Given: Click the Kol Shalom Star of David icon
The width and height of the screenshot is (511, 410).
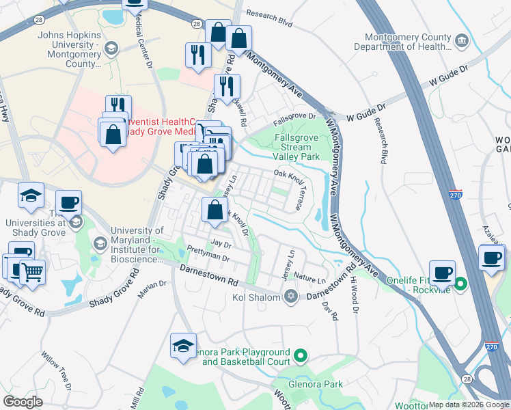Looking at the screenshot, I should (x=291, y=297).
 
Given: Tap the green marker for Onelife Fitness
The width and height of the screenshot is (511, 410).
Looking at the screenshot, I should (x=460, y=283).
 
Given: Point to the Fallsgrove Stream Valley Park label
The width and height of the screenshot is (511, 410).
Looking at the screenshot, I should (x=296, y=147).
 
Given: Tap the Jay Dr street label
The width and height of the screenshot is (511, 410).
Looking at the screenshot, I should (x=221, y=243).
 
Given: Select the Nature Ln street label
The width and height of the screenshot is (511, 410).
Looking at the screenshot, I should (x=311, y=279).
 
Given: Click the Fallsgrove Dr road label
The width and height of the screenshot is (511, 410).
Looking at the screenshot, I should (x=294, y=118).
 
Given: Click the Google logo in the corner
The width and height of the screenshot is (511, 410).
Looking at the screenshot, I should (x=23, y=402).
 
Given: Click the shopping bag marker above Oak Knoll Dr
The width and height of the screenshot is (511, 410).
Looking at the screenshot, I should (x=215, y=210).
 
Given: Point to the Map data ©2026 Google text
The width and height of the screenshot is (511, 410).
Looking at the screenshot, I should (x=469, y=405).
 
